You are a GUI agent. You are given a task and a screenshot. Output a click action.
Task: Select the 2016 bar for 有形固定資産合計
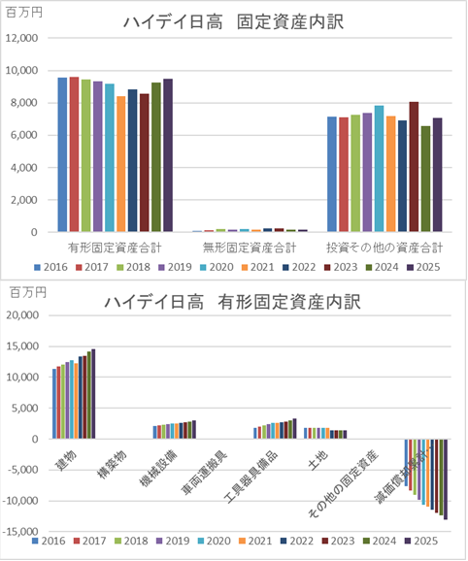pos(62,155)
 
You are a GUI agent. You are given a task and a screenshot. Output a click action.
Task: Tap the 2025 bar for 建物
pos(93,394)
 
